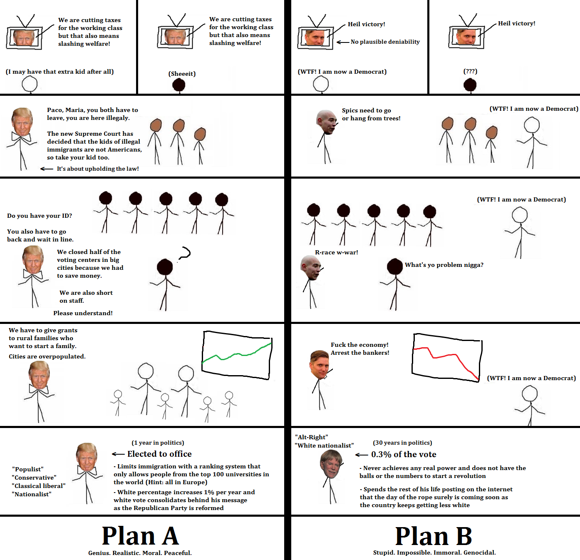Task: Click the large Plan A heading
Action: tap(140, 535)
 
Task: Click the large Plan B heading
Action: tap(434, 536)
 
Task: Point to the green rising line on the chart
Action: tap(237, 354)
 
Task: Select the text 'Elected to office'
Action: tap(159, 454)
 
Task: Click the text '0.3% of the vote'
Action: tap(404, 454)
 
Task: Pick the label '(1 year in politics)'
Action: tap(158, 443)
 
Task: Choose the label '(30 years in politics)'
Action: tap(402, 443)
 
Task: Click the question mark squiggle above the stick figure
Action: tap(184, 253)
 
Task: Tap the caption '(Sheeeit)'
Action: tap(182, 74)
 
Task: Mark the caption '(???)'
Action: tap(470, 71)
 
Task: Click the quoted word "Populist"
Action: tap(28, 469)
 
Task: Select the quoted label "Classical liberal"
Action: tap(39, 486)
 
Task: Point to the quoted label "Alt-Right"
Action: tap(311, 437)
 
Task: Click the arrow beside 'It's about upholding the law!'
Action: tap(46, 169)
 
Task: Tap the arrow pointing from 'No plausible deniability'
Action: tap(342, 42)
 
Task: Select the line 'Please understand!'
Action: tap(83, 313)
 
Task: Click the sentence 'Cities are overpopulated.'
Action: tap(47, 356)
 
